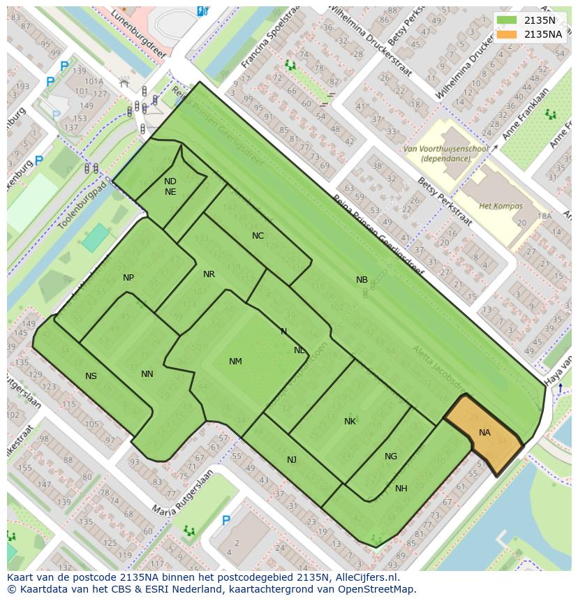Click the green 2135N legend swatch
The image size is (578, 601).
click(x=507, y=20)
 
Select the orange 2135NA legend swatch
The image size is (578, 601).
click(x=507, y=34)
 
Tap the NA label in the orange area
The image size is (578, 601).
click(x=484, y=433)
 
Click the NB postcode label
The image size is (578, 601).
click(x=362, y=280)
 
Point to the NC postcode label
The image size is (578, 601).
click(x=258, y=236)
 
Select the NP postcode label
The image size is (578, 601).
click(x=128, y=278)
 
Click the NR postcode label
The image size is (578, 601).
click(x=209, y=274)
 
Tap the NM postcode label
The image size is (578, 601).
click(x=235, y=361)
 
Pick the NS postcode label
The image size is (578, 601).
click(x=91, y=376)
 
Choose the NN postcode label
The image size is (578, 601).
click(x=147, y=374)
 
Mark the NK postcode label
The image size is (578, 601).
click(x=350, y=421)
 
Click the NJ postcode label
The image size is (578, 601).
click(x=292, y=459)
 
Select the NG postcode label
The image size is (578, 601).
click(x=390, y=457)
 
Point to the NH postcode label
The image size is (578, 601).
click(x=401, y=489)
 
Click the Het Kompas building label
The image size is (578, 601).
click(x=501, y=206)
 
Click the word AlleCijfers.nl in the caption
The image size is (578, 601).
click(x=362, y=577)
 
